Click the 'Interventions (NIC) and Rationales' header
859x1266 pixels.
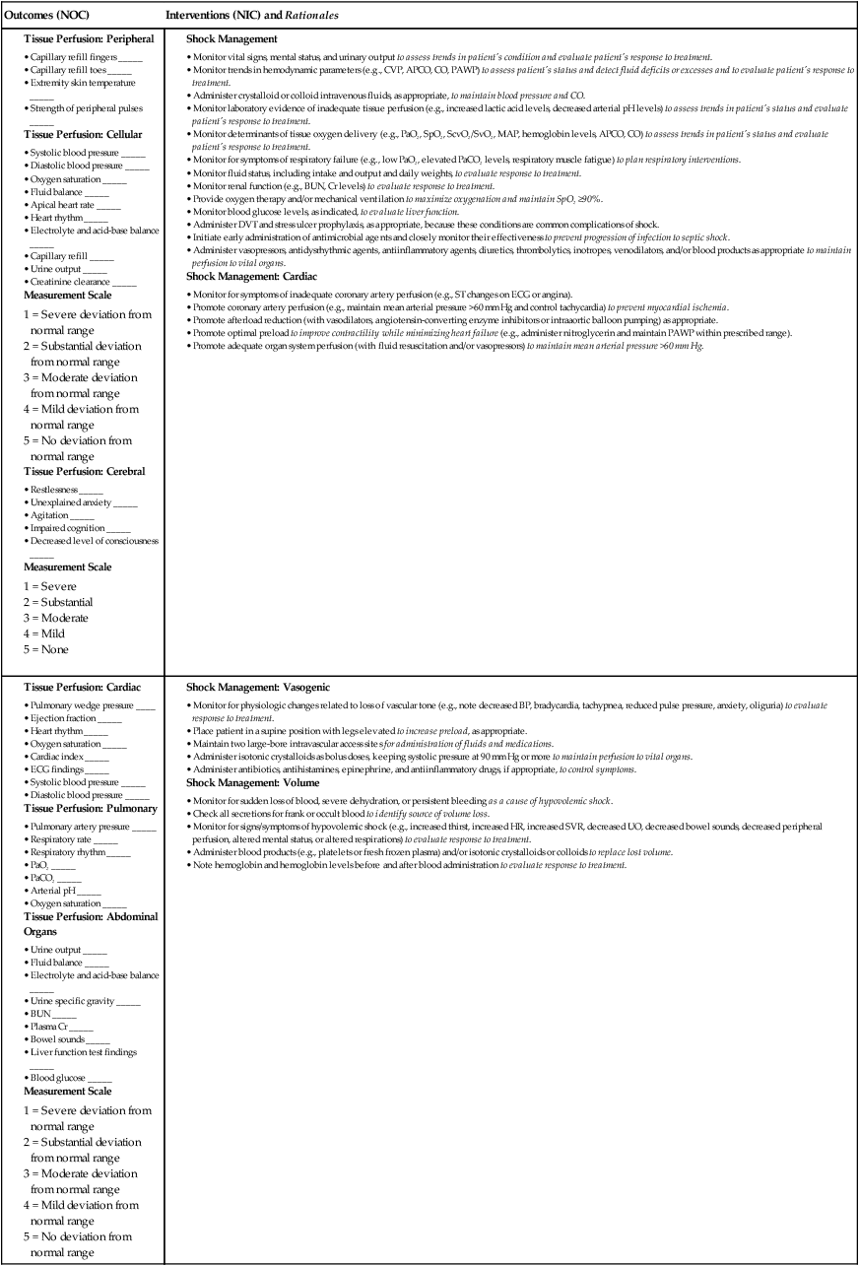(252, 16)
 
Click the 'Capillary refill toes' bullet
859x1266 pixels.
(68, 69)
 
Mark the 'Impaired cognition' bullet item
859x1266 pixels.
(68, 528)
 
